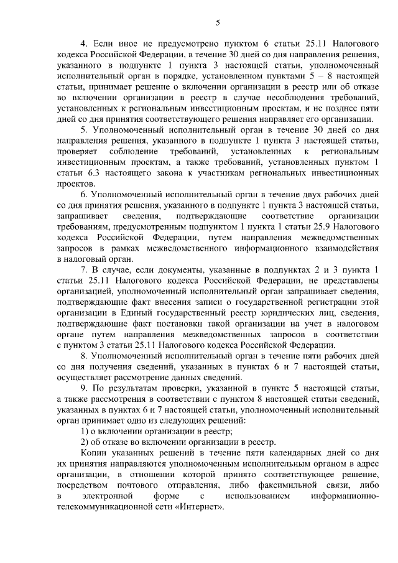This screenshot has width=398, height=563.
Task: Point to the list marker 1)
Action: [85, 431]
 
